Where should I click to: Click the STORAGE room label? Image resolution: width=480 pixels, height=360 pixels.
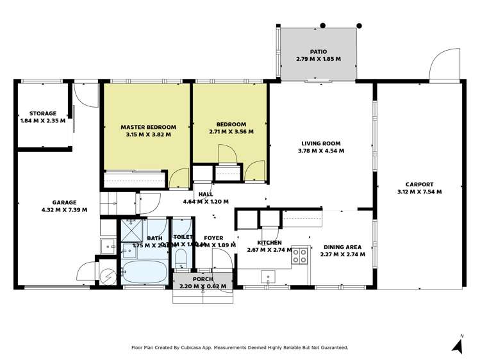43,113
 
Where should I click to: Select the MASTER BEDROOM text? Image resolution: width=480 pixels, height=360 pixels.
148,127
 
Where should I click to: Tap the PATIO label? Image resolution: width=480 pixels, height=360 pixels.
319,51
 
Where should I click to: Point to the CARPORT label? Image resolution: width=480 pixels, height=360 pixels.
419,184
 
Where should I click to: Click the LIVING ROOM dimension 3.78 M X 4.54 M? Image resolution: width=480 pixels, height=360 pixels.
321,151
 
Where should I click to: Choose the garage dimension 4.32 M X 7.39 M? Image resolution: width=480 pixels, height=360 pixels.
64,209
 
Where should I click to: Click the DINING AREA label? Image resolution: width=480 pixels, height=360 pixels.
342,247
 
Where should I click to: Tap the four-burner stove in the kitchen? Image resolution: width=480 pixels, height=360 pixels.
299,256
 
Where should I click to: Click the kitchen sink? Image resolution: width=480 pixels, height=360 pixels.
268,276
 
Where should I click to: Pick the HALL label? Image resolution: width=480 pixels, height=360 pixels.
206,193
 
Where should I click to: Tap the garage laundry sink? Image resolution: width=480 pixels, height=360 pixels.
108,245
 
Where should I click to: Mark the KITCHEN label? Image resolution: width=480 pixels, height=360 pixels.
269,243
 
